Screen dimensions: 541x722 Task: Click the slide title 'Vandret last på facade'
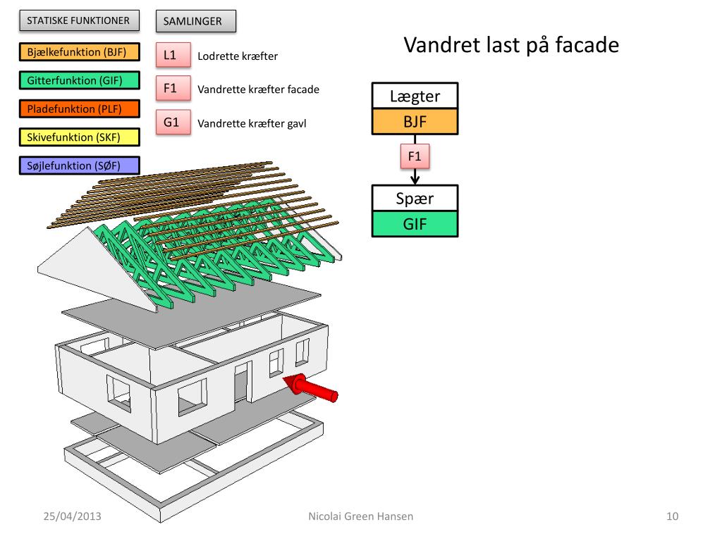coord(511,46)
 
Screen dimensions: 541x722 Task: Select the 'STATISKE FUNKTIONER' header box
coord(78,20)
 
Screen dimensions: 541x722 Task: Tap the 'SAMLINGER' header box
coord(195,21)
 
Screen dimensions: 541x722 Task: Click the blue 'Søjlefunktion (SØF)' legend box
coord(78,166)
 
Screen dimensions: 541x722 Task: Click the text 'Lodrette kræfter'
coord(238,56)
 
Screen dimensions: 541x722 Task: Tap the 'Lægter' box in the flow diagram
coord(415,97)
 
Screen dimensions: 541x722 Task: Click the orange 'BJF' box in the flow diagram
coord(415,122)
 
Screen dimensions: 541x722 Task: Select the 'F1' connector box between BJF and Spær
coord(415,155)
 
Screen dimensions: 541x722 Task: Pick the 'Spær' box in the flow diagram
coord(415,198)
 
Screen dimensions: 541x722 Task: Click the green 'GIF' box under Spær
coord(415,224)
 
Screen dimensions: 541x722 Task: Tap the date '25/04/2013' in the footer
coord(72,516)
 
